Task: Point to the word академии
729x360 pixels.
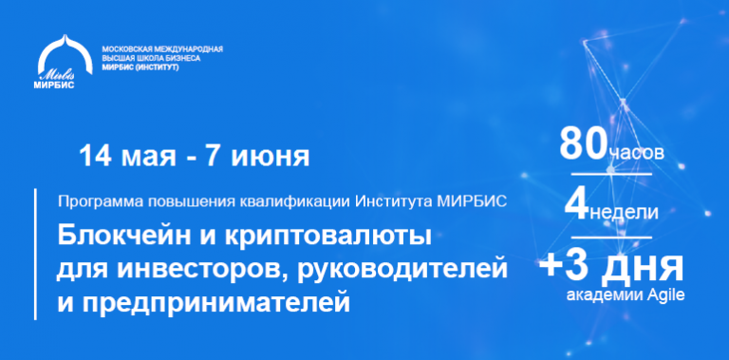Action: click(604, 294)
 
